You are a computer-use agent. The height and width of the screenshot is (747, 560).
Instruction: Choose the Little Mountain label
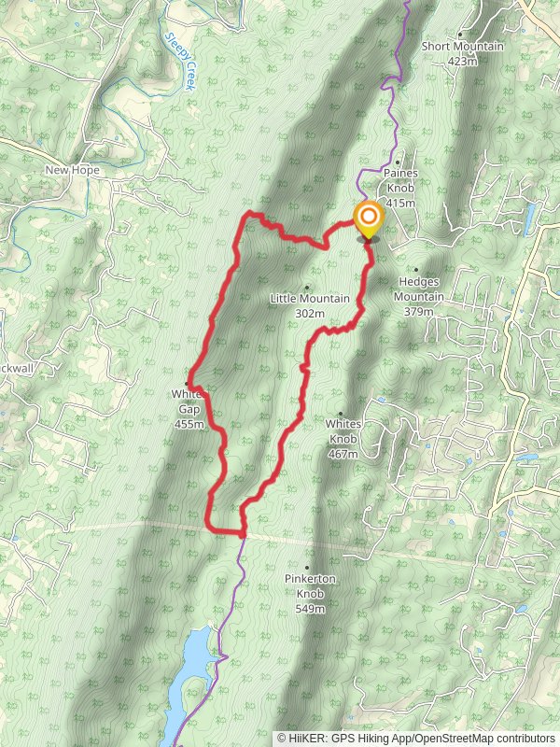click(x=309, y=299)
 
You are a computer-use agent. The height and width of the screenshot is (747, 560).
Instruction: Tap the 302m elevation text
click(x=309, y=314)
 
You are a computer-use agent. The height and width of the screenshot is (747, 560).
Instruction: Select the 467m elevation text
click(x=343, y=454)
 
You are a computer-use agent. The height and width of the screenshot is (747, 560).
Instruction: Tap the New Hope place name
click(x=72, y=171)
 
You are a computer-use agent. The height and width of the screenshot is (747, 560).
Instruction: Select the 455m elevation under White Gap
click(x=189, y=424)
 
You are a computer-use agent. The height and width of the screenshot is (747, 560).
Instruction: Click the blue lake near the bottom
click(x=198, y=654)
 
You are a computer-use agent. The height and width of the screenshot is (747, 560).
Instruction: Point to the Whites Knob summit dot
click(x=341, y=414)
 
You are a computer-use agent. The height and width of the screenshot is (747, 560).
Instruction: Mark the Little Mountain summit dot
click(x=307, y=287)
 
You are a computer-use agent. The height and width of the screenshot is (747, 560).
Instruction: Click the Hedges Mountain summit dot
click(x=415, y=270)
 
